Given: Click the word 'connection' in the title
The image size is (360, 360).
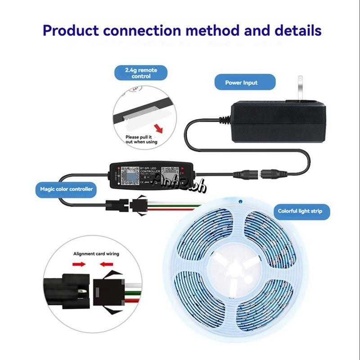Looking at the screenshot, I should pyautogui.click(x=143, y=31).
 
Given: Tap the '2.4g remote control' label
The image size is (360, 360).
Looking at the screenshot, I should pyautogui.click(x=141, y=73).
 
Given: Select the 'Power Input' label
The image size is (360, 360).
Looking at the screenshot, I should pyautogui.click(x=241, y=83).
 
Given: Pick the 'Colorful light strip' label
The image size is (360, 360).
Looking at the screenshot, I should pyautogui.click(x=297, y=211).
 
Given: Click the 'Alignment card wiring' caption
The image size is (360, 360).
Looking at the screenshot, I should pyautogui.click(x=96, y=254).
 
